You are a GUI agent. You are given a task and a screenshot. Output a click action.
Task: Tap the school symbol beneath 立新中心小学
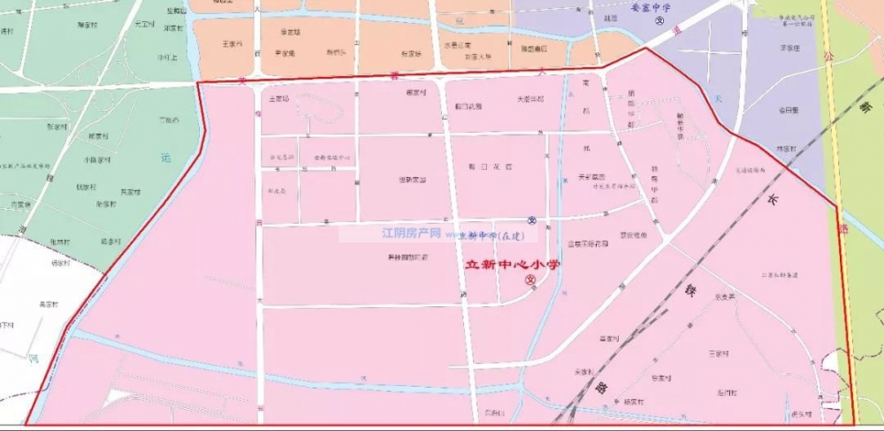[530, 281]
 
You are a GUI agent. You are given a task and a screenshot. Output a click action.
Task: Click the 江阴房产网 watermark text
[410, 235]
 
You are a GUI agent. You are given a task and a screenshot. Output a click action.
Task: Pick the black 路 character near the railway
[601, 387]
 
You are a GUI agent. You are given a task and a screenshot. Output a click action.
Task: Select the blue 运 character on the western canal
[166, 158]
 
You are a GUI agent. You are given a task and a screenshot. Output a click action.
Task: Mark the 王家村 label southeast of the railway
[718, 352]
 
